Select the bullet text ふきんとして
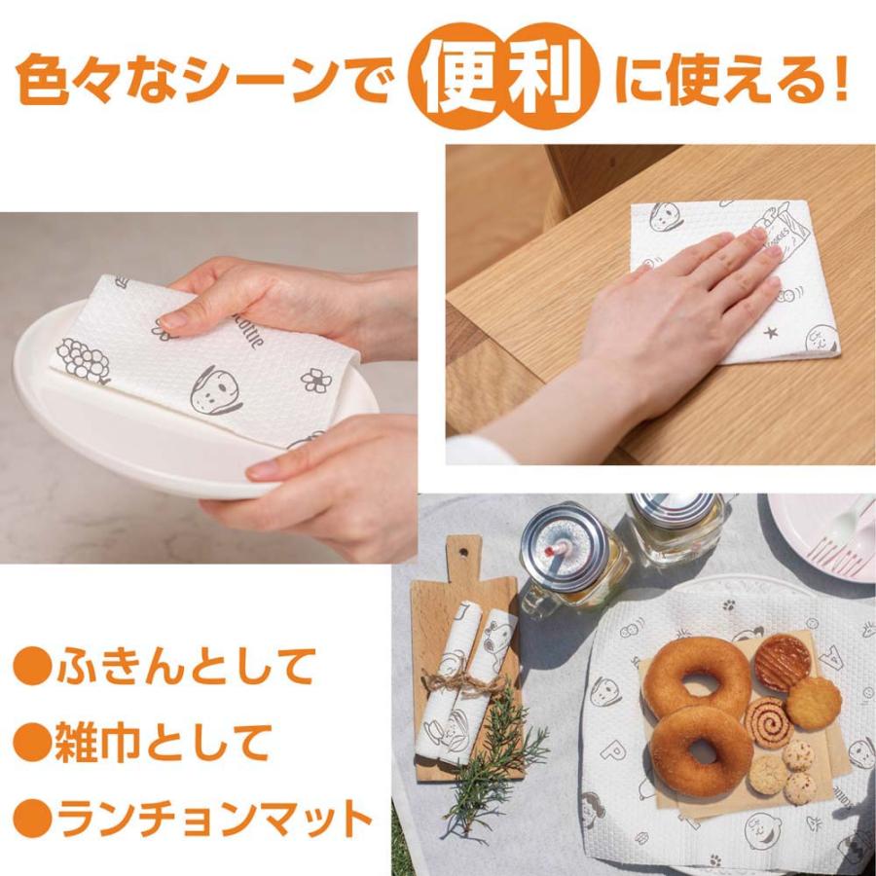point(185,668)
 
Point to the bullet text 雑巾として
point(160,744)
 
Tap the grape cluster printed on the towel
point(83,358)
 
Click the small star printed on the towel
point(771,333)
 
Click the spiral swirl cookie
point(768,721)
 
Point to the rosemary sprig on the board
point(492,769)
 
